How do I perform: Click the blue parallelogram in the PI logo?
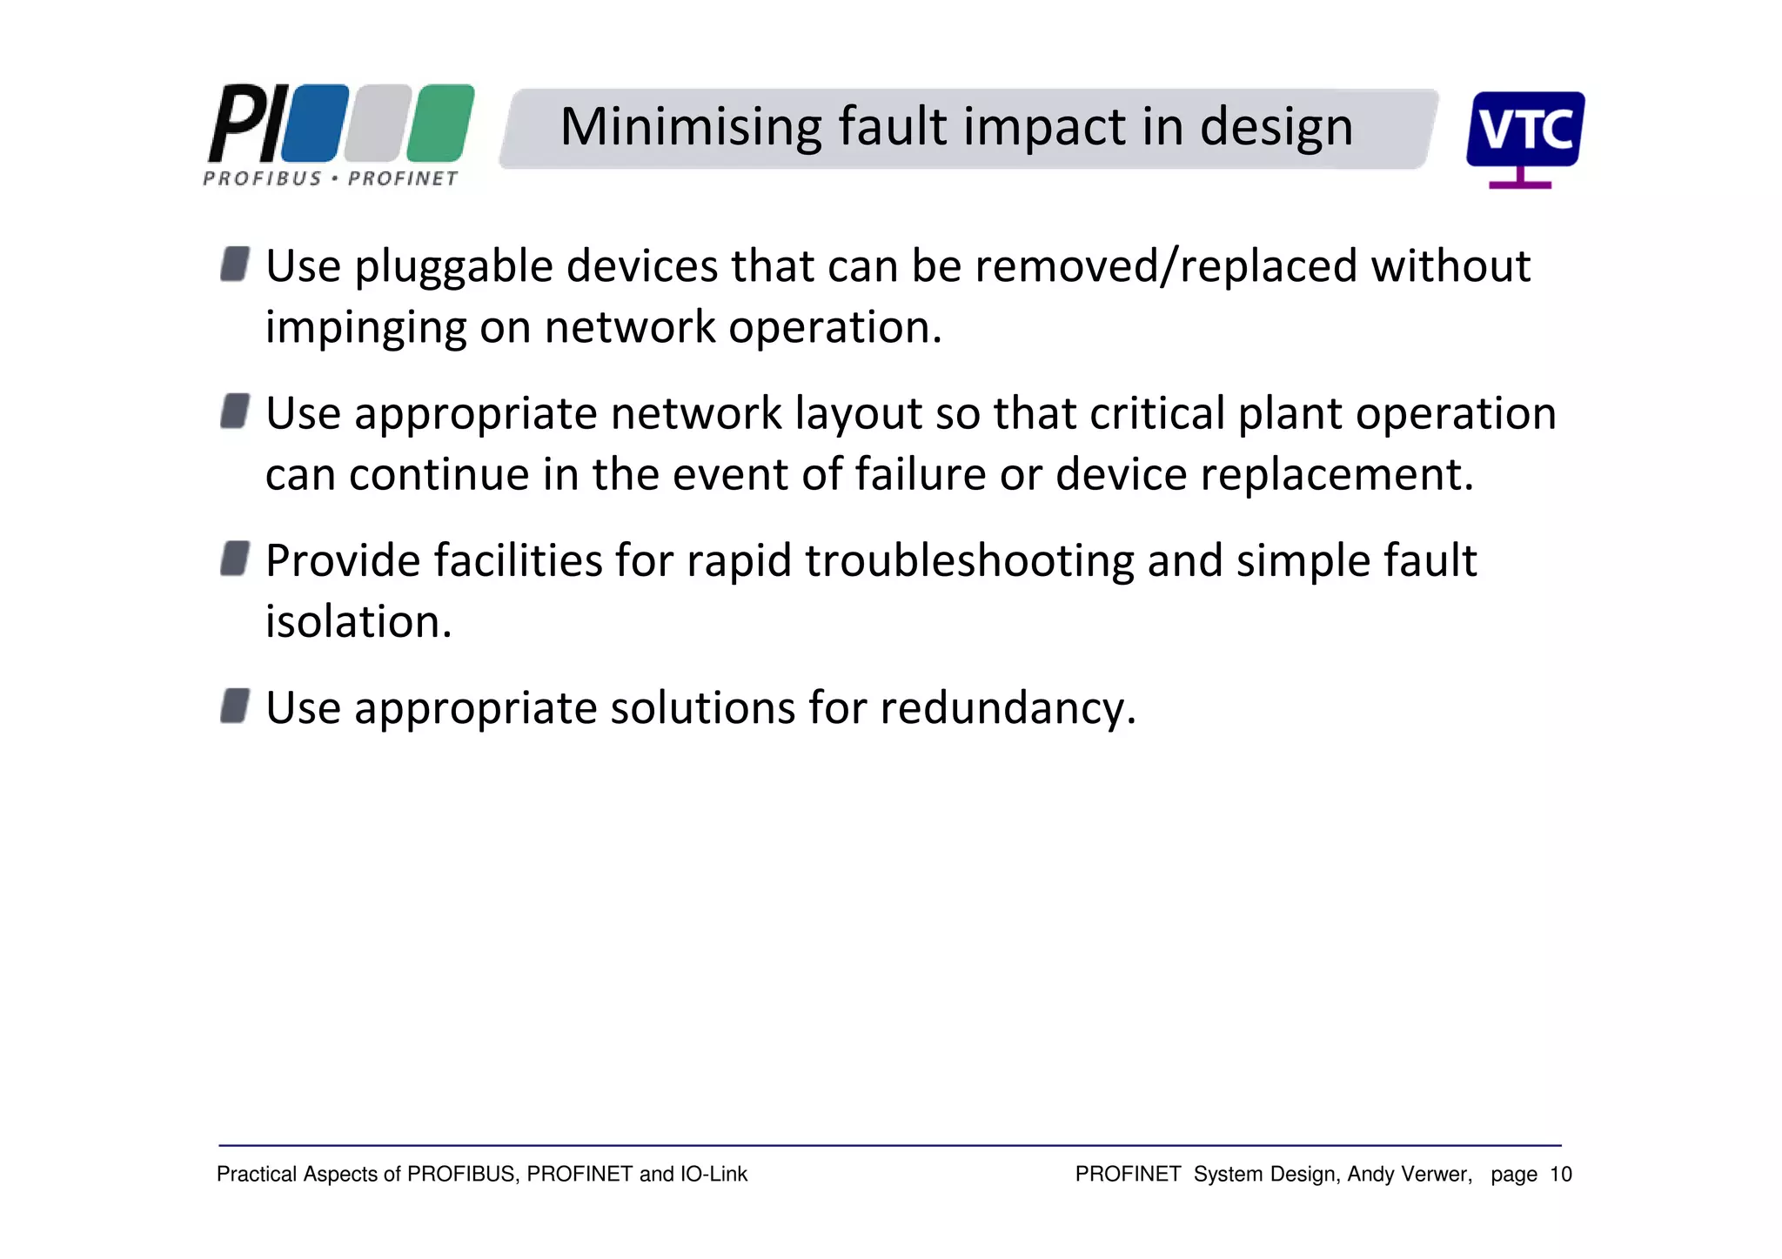[x=315, y=124]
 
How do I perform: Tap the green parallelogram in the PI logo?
[x=440, y=124]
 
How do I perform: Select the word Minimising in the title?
[x=691, y=127]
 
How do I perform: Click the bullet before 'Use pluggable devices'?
[x=235, y=264]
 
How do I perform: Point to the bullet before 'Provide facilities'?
[x=235, y=559]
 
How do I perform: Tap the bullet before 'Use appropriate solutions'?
[x=235, y=706]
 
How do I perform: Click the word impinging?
[x=365, y=329]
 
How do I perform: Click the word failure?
[x=920, y=475]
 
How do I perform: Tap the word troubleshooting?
[x=969, y=561]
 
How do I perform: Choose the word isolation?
[x=358, y=622]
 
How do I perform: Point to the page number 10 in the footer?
[x=1560, y=1175]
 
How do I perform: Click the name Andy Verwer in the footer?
[x=1409, y=1175]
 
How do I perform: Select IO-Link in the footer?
[x=713, y=1175]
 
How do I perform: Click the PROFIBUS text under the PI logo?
[x=262, y=179]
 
